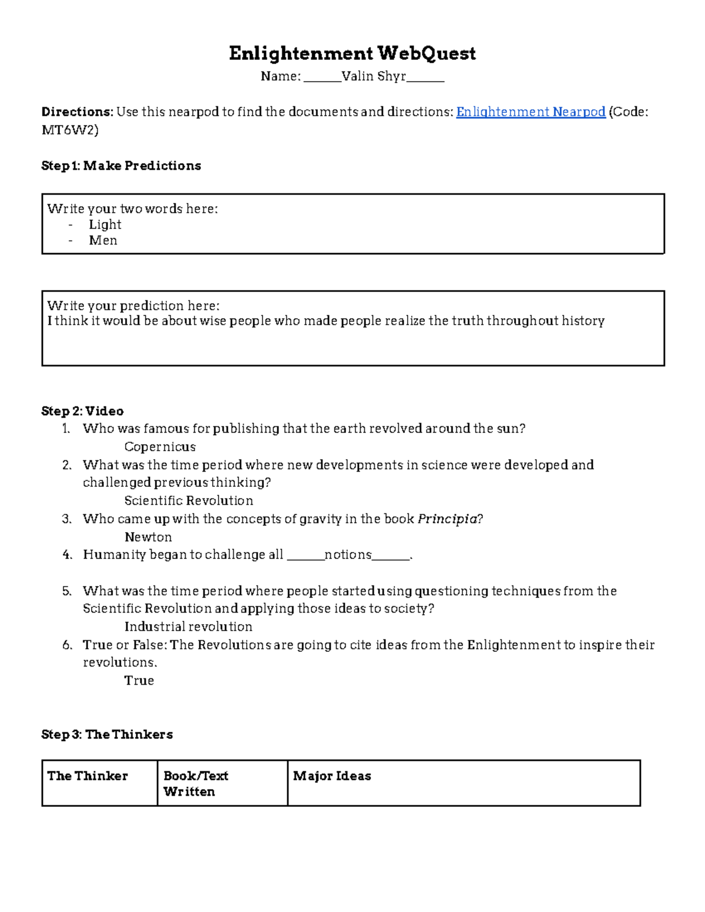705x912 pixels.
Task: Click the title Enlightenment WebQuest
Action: (352, 53)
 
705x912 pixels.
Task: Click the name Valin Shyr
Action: (374, 76)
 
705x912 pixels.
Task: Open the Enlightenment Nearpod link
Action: (531, 112)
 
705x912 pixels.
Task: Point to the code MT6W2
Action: (69, 130)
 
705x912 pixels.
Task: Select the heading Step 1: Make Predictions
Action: (121, 166)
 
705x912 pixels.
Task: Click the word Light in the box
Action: (105, 224)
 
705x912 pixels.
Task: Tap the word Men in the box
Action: (103, 240)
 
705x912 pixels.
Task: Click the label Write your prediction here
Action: (133, 305)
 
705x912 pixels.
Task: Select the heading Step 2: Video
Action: (82, 410)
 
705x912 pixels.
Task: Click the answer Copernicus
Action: (160, 446)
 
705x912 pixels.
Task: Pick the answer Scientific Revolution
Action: (189, 500)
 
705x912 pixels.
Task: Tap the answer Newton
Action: (148, 537)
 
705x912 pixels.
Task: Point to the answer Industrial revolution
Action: (188, 627)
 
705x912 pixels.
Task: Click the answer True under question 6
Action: (139, 680)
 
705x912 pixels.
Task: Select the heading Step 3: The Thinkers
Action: (107, 734)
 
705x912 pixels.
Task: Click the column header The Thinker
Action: (88, 776)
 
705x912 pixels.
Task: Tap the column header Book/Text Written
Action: (196, 783)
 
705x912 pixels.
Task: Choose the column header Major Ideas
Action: (332, 776)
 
